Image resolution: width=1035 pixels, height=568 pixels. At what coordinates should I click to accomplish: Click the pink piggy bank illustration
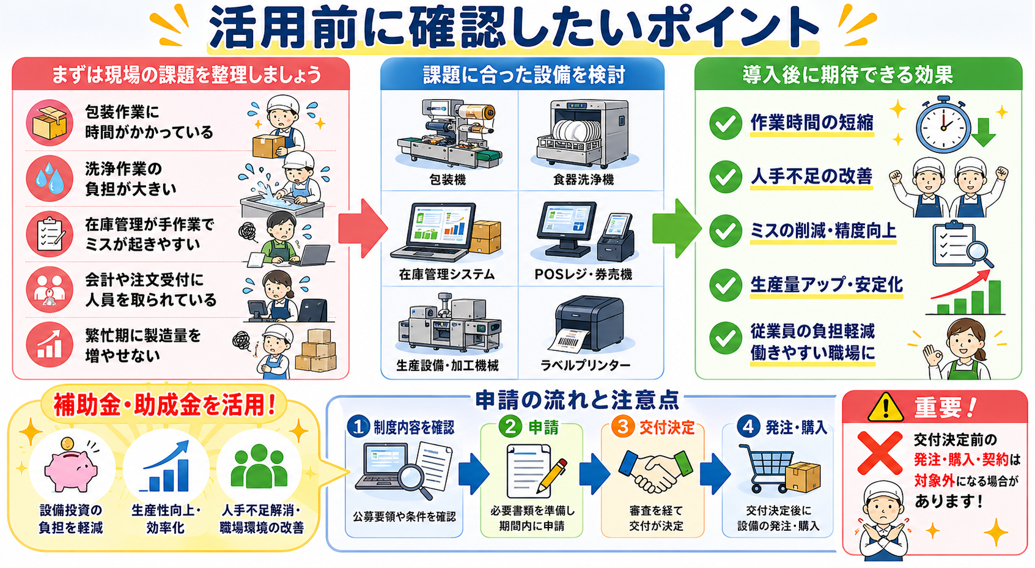[x=71, y=467]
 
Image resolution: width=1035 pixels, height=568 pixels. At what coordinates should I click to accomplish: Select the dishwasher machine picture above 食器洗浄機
[x=584, y=133]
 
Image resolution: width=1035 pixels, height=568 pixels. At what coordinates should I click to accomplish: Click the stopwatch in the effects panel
[x=943, y=125]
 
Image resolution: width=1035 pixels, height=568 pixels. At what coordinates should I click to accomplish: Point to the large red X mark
[x=880, y=453]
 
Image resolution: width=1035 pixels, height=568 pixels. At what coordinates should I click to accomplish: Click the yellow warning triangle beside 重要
[x=885, y=407]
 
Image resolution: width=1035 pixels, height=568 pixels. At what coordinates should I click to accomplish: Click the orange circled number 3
[x=623, y=426]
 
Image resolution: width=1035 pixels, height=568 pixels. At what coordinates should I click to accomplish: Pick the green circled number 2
[x=510, y=426]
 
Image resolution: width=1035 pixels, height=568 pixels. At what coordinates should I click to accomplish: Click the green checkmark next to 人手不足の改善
[x=726, y=177]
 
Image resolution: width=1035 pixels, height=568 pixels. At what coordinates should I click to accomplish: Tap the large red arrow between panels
[x=363, y=228]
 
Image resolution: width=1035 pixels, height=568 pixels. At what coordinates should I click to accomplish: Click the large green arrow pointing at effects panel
[x=676, y=228]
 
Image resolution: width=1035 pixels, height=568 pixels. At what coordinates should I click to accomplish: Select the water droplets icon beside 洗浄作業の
[x=50, y=179]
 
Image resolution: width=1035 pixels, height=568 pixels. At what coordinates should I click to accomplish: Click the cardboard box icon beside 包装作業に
[x=50, y=122]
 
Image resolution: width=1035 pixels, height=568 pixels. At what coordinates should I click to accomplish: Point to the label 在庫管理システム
[x=447, y=275]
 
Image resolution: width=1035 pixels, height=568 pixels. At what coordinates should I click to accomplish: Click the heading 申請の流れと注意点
[x=578, y=400]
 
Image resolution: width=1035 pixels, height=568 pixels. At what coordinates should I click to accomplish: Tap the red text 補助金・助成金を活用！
[x=164, y=405]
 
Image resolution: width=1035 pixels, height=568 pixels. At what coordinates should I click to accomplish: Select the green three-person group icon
[x=259, y=466]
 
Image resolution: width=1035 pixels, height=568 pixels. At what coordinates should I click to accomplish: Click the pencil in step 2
[x=552, y=476]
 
